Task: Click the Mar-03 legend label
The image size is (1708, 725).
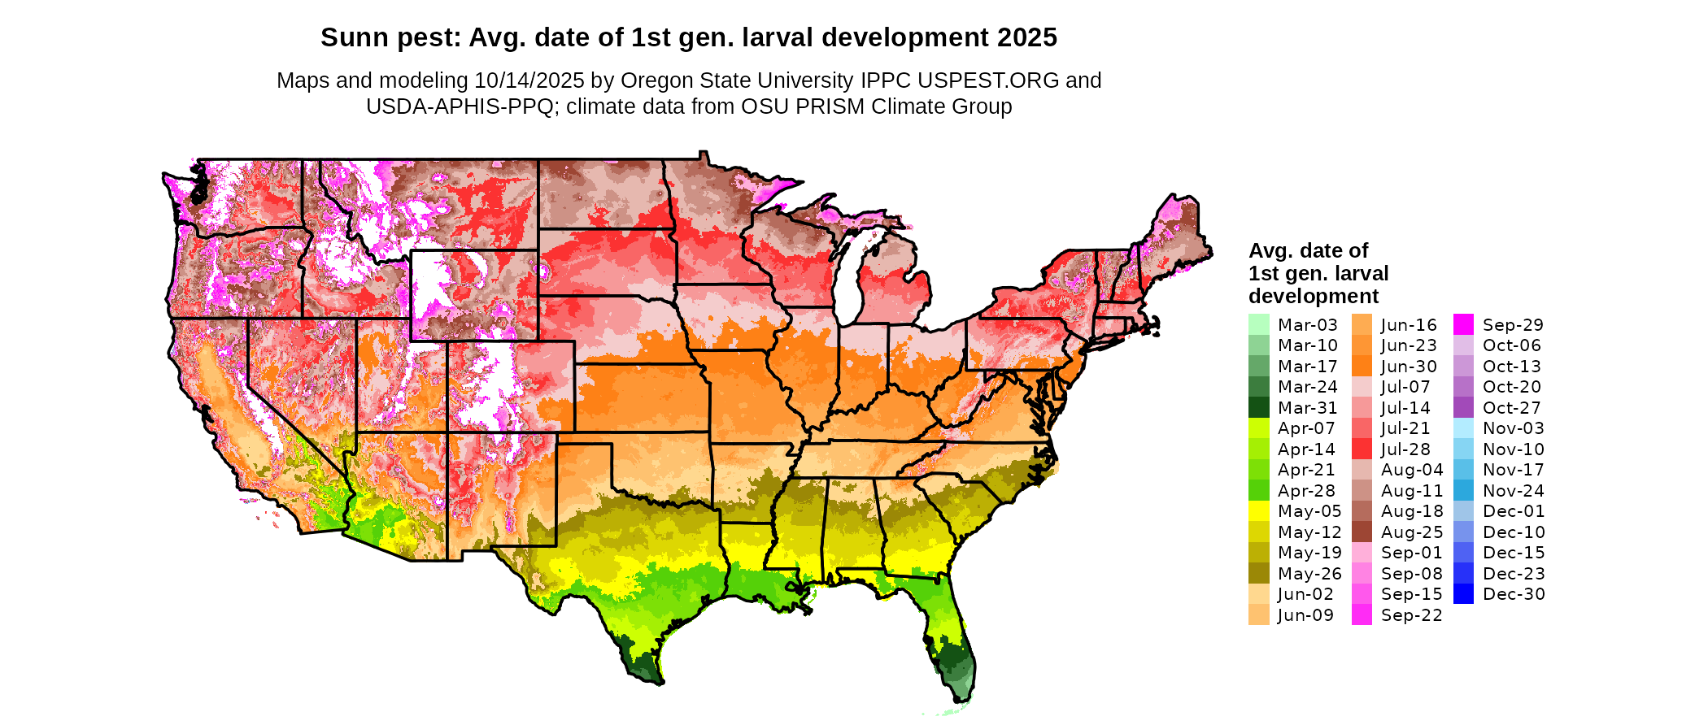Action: pos(1307,325)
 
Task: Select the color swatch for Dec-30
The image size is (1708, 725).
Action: pos(1463,594)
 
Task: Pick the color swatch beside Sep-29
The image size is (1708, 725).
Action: pos(1463,324)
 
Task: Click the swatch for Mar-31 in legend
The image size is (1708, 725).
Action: pos(1258,407)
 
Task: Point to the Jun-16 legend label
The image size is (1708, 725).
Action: pos(1409,325)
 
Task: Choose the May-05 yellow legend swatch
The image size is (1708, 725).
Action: pos(1258,511)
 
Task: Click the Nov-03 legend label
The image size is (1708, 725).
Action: pos(1513,428)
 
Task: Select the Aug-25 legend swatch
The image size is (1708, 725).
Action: pos(1362,532)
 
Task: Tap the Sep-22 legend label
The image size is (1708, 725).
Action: pos(1411,615)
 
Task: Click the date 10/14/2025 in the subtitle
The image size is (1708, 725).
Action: pos(529,80)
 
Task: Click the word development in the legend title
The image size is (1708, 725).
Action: pos(1314,296)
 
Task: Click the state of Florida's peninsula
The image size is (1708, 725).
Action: pos(952,642)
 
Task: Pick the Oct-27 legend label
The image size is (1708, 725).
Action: pos(1512,408)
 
